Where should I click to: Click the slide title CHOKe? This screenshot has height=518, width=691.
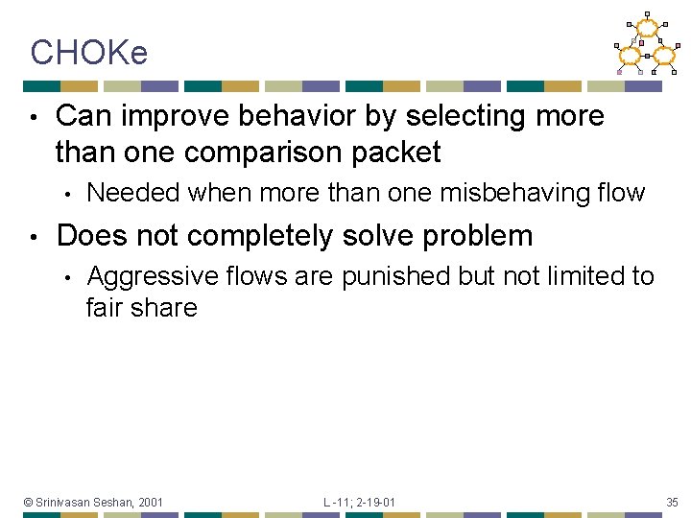(88, 53)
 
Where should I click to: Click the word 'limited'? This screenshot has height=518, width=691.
(578, 277)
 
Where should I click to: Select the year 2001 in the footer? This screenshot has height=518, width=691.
(150, 502)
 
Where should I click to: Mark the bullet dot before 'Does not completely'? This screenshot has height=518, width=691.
(33, 236)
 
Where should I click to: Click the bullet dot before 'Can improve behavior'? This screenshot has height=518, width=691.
(33, 117)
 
